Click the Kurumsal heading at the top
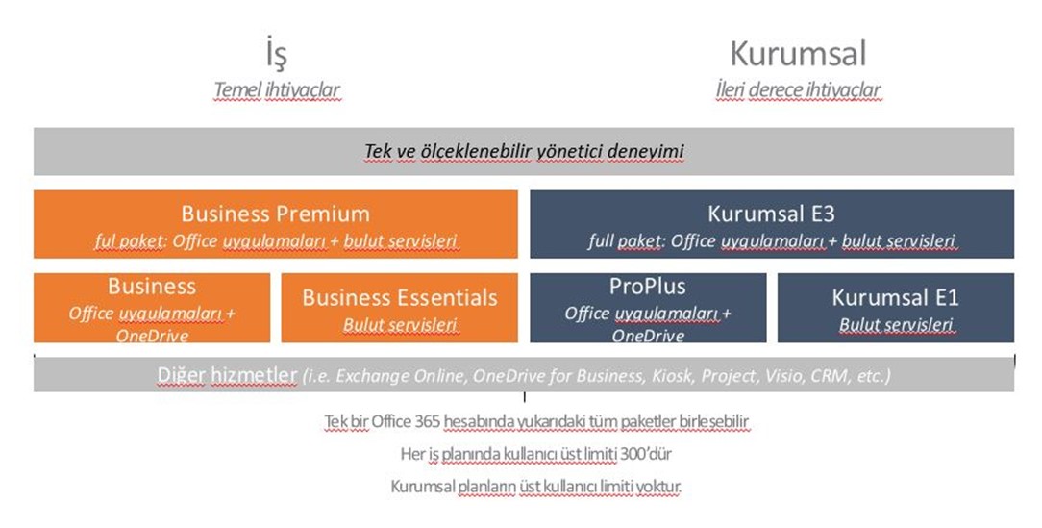point(798,54)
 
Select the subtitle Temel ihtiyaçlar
point(277,89)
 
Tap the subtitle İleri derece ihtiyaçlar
point(798,89)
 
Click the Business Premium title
point(276,214)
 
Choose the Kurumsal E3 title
point(772,214)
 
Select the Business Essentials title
point(399,297)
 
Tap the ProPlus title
point(647,287)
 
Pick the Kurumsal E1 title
point(895,297)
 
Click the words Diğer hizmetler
point(227,376)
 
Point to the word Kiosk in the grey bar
point(670,376)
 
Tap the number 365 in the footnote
point(427,421)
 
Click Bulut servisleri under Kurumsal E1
point(896,324)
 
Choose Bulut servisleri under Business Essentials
point(400,324)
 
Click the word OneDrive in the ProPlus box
point(648,336)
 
